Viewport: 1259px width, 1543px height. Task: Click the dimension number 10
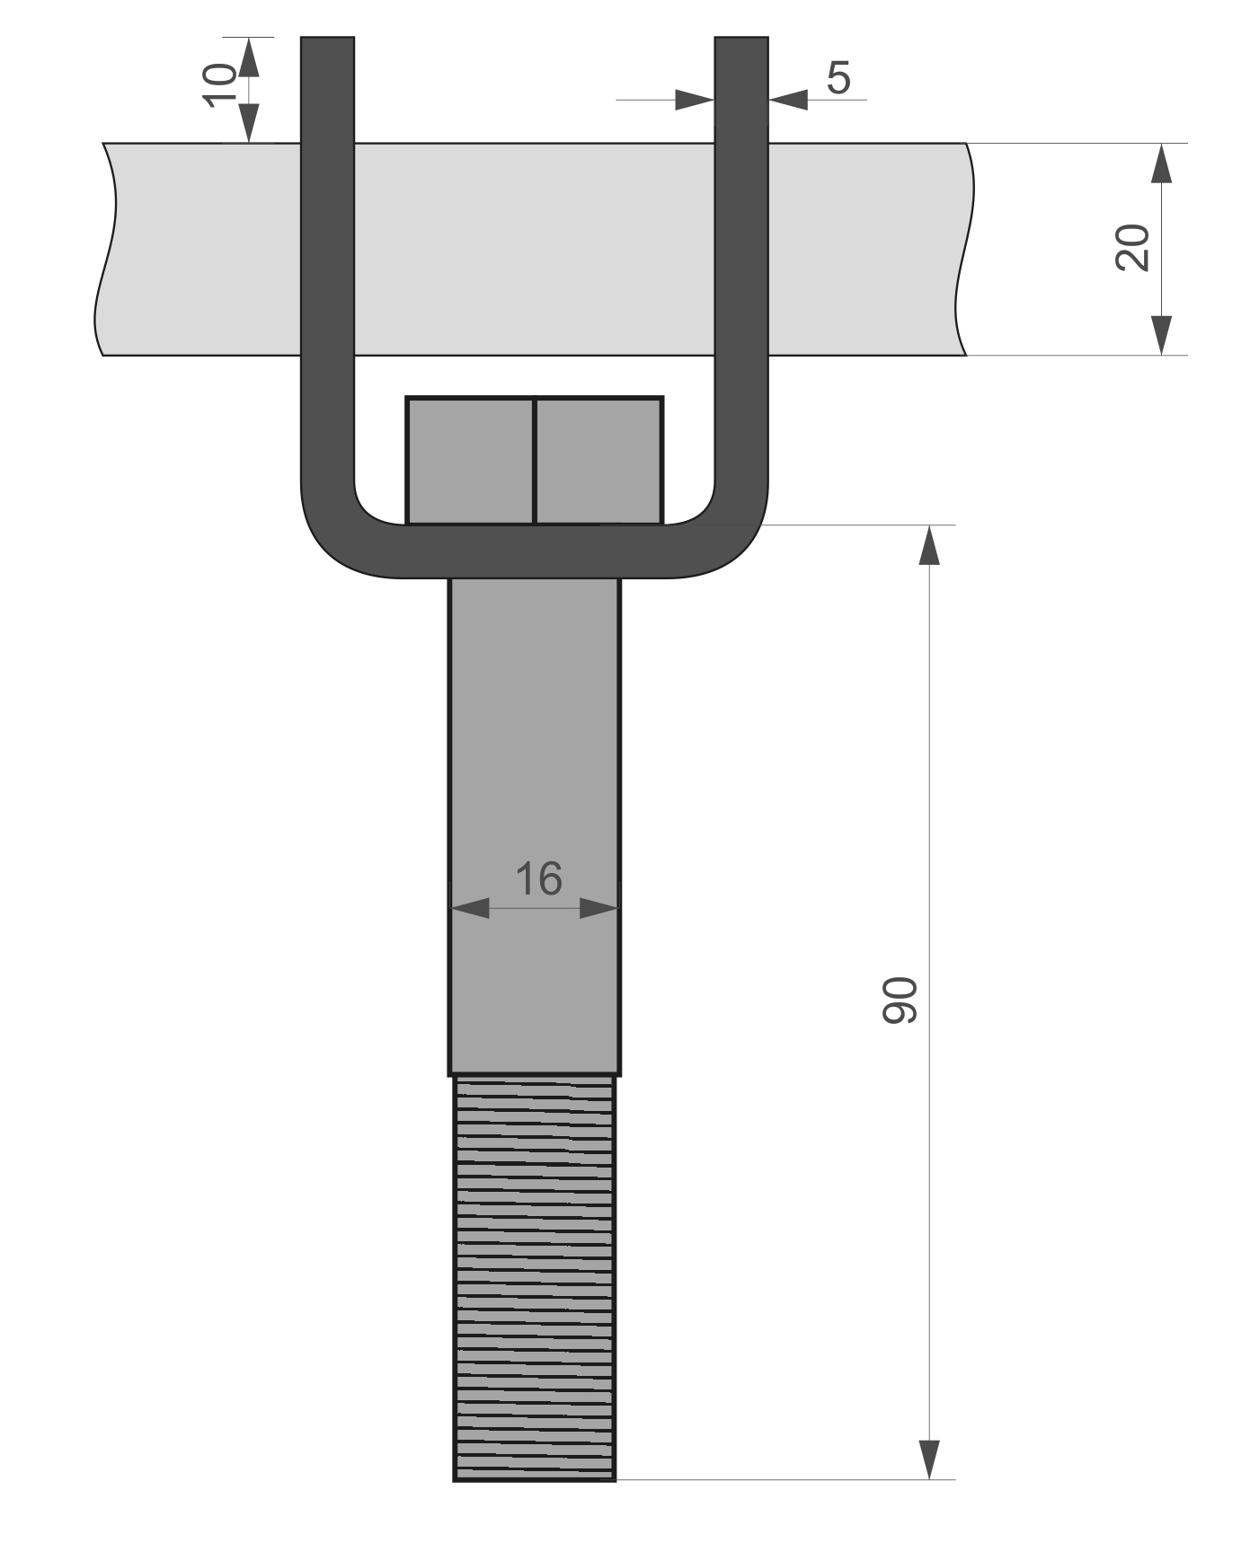(218, 86)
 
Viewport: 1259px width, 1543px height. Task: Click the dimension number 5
(838, 78)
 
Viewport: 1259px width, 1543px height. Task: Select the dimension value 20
(1132, 247)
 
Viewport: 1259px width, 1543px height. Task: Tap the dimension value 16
(538, 878)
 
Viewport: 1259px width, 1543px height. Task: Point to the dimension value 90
(899, 1000)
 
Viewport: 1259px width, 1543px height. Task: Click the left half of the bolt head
(470, 461)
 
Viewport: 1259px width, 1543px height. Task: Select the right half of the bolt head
(599, 461)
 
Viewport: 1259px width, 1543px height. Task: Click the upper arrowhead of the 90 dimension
(929, 545)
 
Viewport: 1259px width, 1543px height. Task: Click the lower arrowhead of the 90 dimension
(929, 1459)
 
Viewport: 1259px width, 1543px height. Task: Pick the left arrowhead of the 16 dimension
(470, 908)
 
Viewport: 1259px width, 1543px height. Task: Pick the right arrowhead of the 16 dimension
(599, 908)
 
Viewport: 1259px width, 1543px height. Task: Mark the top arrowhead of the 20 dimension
(1162, 163)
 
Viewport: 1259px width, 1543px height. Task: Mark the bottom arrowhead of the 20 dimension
(1162, 335)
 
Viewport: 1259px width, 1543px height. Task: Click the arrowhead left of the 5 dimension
(695, 100)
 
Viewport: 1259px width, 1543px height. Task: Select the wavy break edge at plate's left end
(105, 249)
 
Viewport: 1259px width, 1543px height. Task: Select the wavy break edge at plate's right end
(967, 249)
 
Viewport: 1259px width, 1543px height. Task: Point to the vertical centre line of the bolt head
(535, 461)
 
